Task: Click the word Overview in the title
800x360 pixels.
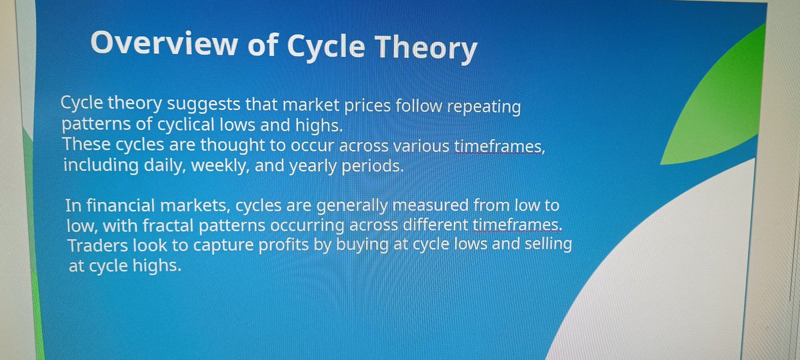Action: (164, 43)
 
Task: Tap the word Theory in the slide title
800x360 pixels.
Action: (426, 49)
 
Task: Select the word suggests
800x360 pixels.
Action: (203, 104)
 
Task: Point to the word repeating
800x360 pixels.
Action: (484, 107)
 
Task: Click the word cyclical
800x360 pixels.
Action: (186, 125)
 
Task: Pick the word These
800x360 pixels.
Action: (87, 145)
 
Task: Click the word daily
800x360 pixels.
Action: (165, 166)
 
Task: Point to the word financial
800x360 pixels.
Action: (121, 205)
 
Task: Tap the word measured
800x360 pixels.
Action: (431, 205)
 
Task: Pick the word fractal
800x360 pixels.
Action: (168, 226)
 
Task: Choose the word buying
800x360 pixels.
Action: (362, 245)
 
